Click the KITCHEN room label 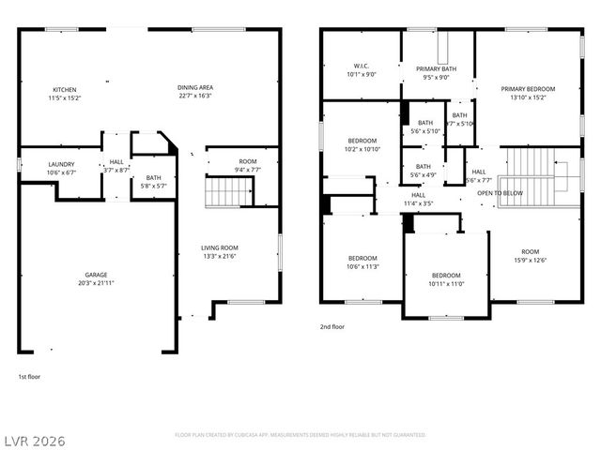(63, 88)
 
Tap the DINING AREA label (194, 88)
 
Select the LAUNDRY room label (61, 164)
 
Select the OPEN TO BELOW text (500, 193)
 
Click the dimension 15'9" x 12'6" (532, 260)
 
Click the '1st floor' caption (29, 377)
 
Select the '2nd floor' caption (332, 327)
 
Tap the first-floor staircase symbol (223, 194)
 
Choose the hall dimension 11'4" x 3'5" (418, 202)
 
